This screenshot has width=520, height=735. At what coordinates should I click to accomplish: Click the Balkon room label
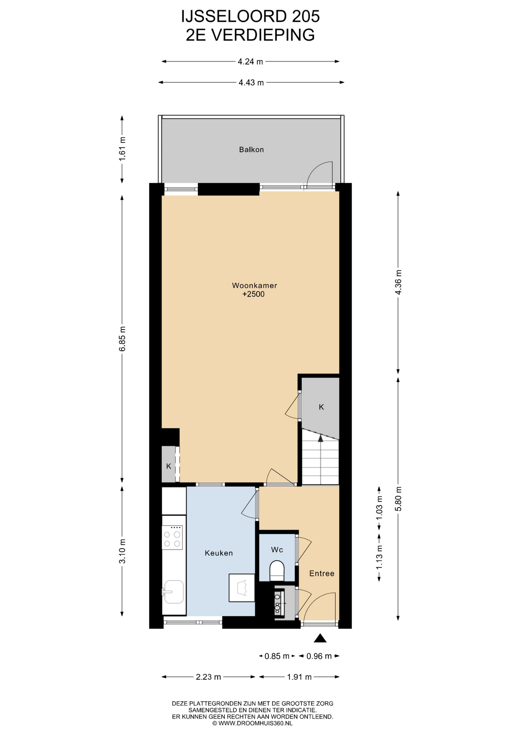pyautogui.click(x=251, y=150)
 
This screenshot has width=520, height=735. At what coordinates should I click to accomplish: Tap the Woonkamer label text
pyautogui.click(x=255, y=286)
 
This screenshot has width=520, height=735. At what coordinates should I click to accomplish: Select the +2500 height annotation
pyautogui.click(x=253, y=294)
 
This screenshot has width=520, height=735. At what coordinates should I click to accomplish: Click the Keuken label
pyautogui.click(x=219, y=553)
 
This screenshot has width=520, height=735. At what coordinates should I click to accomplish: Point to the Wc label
pyautogui.click(x=277, y=550)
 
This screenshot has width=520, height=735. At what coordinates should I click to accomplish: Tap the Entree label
pyautogui.click(x=322, y=573)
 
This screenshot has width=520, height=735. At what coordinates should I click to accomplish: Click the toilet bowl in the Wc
pyautogui.click(x=277, y=571)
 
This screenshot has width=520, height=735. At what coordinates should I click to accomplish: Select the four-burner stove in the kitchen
pyautogui.click(x=172, y=538)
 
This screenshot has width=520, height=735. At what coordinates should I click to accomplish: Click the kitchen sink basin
pyautogui.click(x=174, y=592)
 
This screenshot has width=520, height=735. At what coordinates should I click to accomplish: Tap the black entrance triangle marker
pyautogui.click(x=320, y=638)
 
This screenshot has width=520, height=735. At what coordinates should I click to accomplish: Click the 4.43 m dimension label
pyautogui.click(x=251, y=83)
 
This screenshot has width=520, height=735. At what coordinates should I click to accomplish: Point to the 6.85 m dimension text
pyautogui.click(x=122, y=339)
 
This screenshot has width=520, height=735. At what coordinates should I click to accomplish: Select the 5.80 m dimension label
pyautogui.click(x=398, y=499)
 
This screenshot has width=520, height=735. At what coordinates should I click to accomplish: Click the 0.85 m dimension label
pyautogui.click(x=277, y=656)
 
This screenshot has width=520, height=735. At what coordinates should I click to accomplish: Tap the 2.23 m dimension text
pyautogui.click(x=208, y=677)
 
